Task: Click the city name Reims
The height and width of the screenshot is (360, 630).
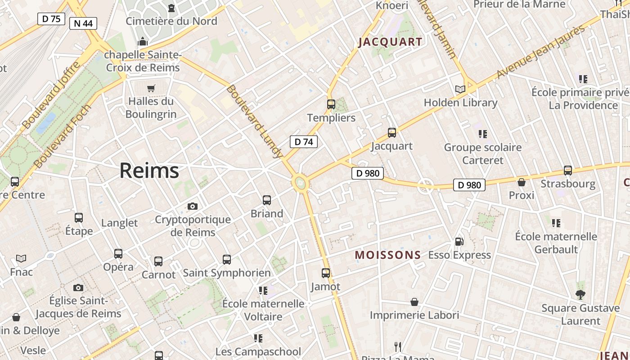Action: point(149,171)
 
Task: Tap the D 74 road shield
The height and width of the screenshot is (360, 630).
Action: point(303,142)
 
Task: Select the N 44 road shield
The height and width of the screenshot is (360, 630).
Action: point(83,23)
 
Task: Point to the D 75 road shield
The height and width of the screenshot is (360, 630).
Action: point(51,18)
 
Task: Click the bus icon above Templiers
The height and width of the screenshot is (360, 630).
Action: point(331,104)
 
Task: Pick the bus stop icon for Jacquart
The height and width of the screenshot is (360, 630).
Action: point(392,133)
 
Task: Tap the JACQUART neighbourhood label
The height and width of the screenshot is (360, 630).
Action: point(391,42)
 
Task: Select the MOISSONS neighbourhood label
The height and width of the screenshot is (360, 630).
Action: point(388,255)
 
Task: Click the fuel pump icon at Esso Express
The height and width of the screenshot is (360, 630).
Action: point(459,242)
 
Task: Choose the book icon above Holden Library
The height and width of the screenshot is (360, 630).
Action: point(460,89)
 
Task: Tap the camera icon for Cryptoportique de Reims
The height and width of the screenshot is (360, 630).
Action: point(193,206)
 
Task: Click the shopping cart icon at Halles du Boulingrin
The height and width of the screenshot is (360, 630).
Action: point(151,88)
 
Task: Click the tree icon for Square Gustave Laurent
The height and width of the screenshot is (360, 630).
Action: point(580,295)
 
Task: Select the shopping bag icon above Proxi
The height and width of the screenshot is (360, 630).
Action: point(522,182)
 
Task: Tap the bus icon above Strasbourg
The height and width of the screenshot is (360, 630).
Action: point(568,171)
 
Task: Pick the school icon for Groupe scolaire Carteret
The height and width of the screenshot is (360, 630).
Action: point(482,134)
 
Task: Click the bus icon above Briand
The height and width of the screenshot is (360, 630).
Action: point(267,200)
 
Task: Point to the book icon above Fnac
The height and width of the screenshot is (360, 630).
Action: point(21,258)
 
